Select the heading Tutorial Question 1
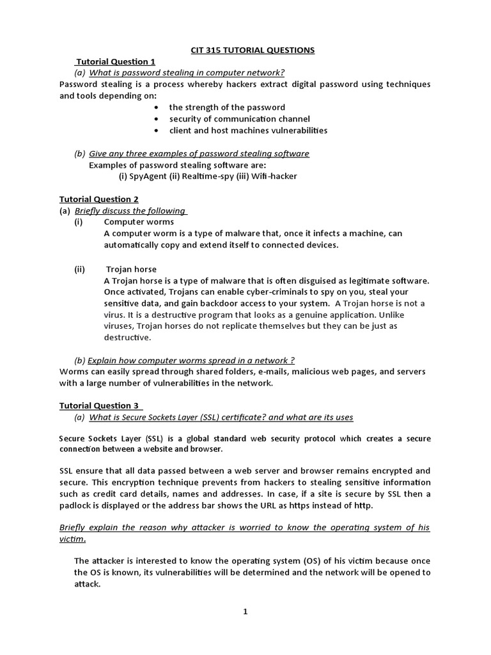click(116, 61)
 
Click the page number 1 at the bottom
click(245, 612)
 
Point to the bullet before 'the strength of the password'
click(156, 107)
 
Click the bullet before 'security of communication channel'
click(156, 119)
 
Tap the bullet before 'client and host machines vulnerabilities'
click(156, 130)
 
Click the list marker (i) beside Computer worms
click(79, 222)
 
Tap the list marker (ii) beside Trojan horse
click(79, 269)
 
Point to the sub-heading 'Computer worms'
click(134, 222)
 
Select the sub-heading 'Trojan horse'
click(131, 269)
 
